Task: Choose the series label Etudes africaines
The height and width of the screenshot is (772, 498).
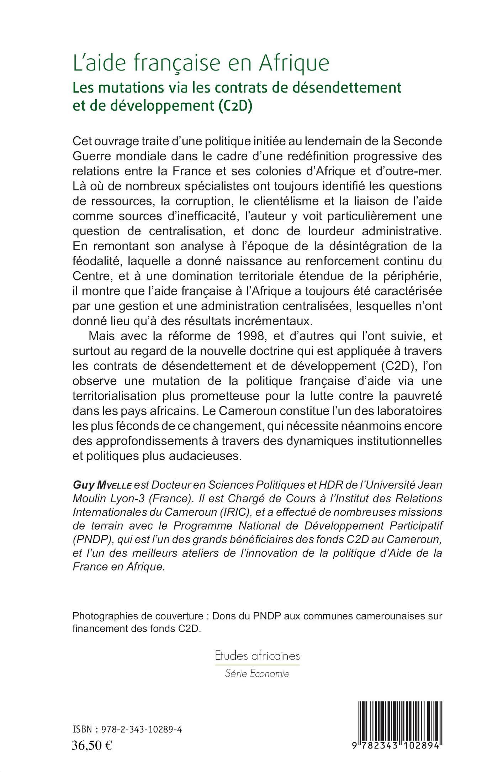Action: pyautogui.click(x=257, y=656)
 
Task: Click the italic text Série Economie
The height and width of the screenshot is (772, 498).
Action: pyautogui.click(x=257, y=673)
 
